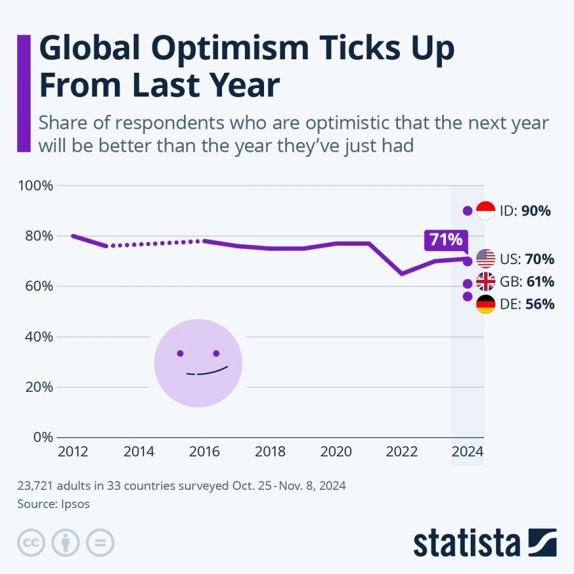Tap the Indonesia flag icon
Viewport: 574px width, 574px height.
click(x=486, y=210)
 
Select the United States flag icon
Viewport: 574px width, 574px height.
click(x=486, y=260)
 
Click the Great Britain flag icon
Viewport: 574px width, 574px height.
click(x=486, y=282)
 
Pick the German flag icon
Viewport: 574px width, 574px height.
click(x=486, y=304)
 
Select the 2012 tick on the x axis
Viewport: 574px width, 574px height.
click(x=73, y=452)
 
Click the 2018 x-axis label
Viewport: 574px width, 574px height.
click(x=270, y=452)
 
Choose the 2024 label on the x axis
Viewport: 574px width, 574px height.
click(x=467, y=452)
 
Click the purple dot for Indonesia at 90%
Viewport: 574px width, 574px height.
click(x=467, y=210)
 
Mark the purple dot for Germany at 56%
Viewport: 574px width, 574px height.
click(x=467, y=297)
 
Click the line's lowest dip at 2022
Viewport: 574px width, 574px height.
click(x=402, y=274)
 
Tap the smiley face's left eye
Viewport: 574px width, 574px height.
click(x=180, y=353)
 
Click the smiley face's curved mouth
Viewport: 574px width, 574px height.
click(x=207, y=371)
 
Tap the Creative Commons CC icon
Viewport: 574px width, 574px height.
click(x=30, y=543)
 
